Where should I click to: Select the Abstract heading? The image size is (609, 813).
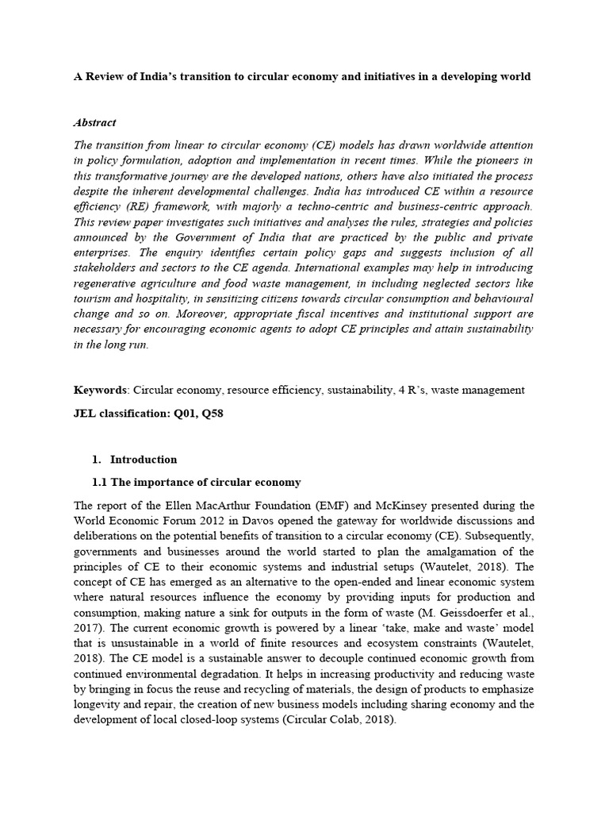tap(94, 122)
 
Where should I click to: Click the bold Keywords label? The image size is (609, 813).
tap(100, 390)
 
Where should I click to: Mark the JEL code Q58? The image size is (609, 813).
tap(219, 414)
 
